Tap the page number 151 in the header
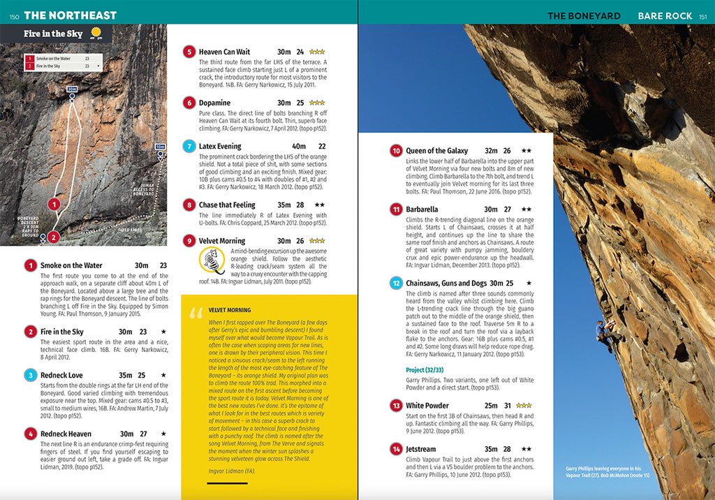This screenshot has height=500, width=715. (704, 16)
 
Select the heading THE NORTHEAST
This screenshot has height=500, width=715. (70, 15)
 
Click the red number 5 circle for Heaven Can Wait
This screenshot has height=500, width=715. (189, 52)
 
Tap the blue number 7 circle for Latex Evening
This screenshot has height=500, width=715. (189, 147)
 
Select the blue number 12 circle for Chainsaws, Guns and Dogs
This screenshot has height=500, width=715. (396, 284)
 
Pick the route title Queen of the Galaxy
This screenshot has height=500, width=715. (436, 151)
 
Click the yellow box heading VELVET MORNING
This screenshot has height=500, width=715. (230, 310)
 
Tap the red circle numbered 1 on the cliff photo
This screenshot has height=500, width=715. (54, 205)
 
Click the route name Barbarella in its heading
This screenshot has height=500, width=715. (422, 209)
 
